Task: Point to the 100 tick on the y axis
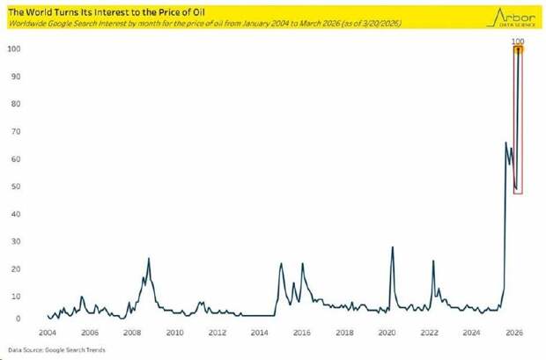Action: [x=13, y=49]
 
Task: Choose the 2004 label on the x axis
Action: [x=48, y=334]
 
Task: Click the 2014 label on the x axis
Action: [x=260, y=334]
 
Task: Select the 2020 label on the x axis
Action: [x=387, y=334]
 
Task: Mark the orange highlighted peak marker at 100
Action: [x=519, y=49]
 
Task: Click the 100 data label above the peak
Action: [x=519, y=40]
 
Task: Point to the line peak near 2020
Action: [x=392, y=247]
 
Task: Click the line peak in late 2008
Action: [x=149, y=259]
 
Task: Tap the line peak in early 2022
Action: [x=433, y=261]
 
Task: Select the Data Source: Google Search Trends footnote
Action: [x=45, y=350]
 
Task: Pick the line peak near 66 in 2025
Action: [x=505, y=143]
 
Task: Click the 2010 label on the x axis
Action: [x=174, y=334]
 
